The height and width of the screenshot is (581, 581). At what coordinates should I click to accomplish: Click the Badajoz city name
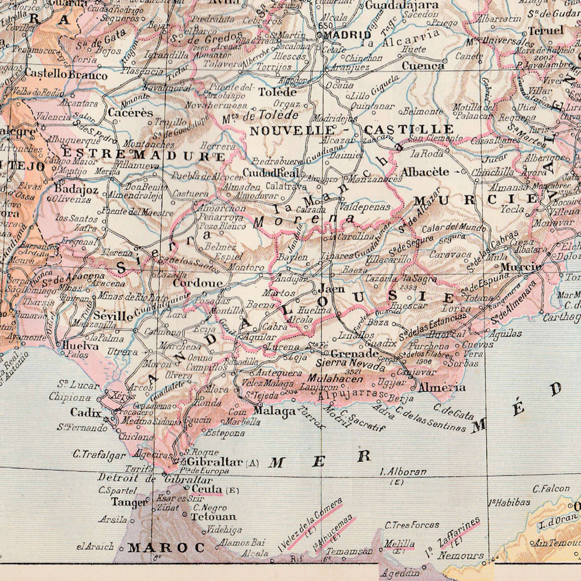point(76,190)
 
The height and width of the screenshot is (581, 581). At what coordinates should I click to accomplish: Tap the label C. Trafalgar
point(99,455)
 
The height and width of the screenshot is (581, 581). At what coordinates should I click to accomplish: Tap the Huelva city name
point(80,346)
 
